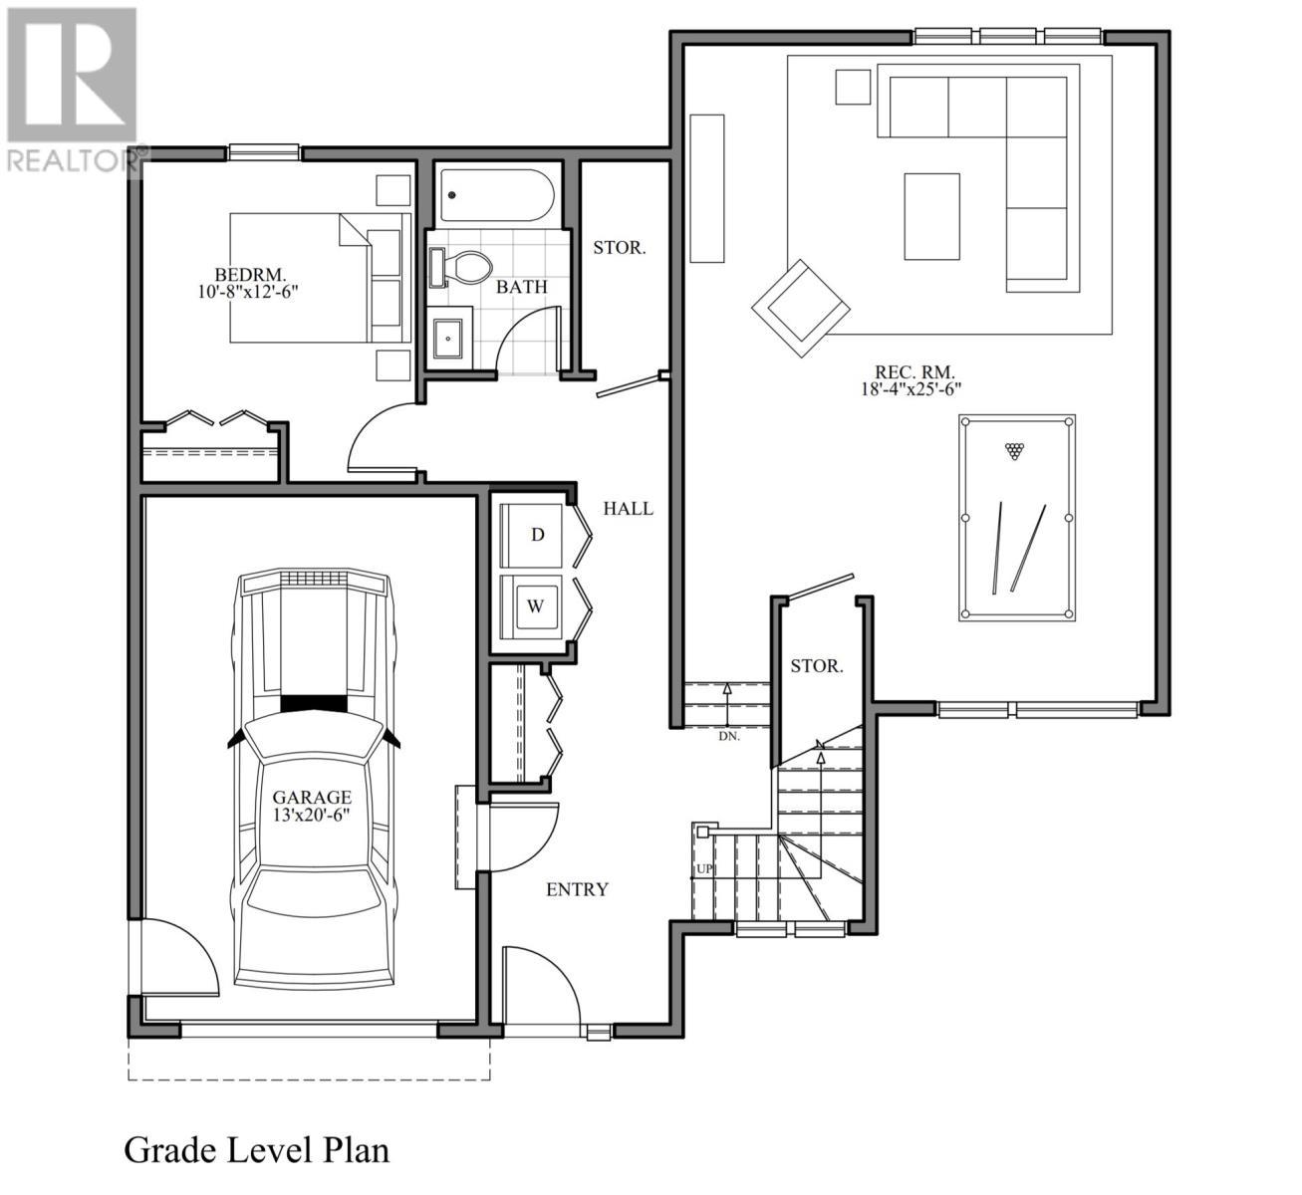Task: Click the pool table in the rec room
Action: point(1016,518)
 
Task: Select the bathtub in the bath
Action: point(497,195)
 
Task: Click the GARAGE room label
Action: point(312,797)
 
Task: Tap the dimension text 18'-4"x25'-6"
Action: point(911,390)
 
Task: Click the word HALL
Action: point(628,509)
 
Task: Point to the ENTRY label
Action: point(577,889)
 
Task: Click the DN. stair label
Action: point(728,737)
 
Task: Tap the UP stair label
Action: point(704,869)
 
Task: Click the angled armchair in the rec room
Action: point(800,308)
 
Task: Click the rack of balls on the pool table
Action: point(1014,451)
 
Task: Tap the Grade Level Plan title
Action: point(256,1150)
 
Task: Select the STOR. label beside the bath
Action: point(619,248)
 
